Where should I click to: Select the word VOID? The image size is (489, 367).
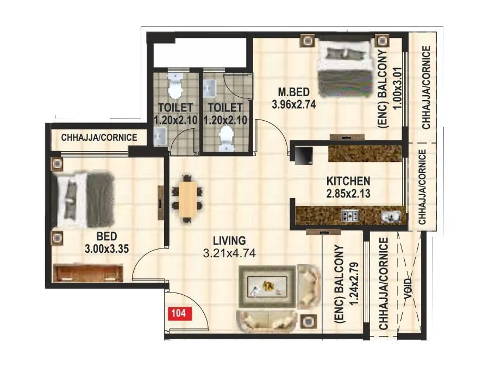[x=407, y=285]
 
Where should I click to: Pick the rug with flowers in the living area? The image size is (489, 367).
[x=267, y=286]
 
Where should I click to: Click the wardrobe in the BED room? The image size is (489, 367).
[x=88, y=272]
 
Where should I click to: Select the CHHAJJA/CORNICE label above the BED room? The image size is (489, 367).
[x=99, y=138]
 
